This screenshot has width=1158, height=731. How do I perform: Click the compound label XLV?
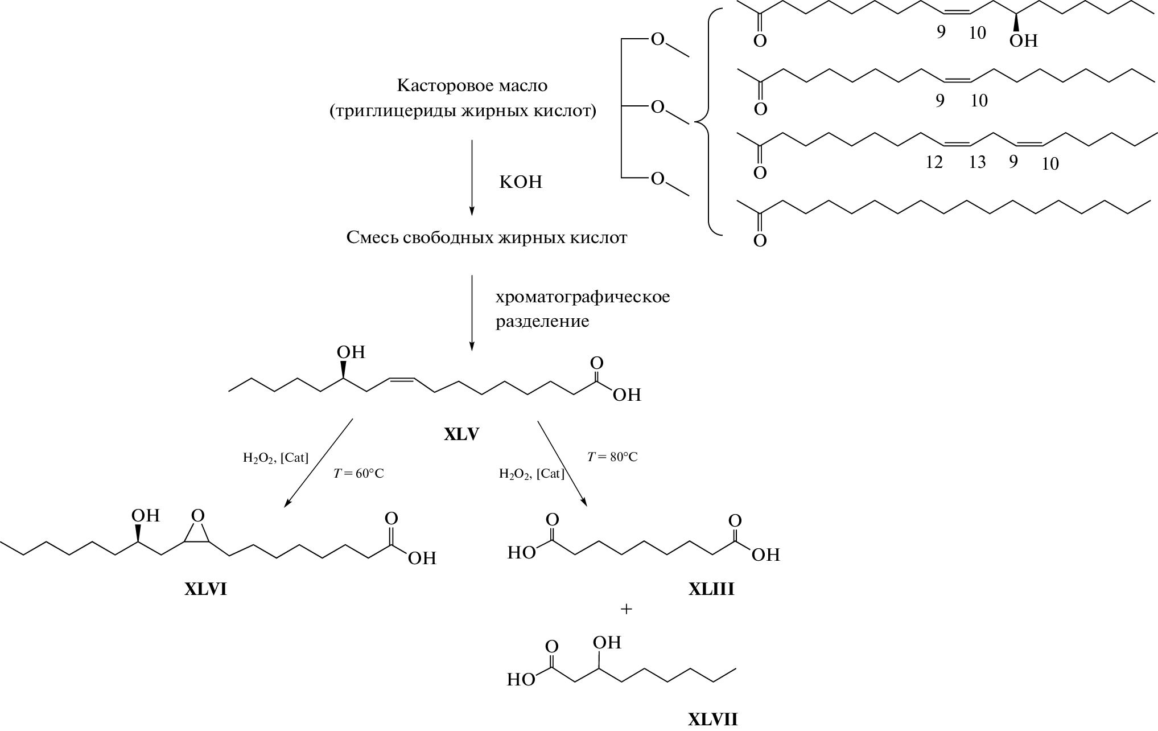pos(461,434)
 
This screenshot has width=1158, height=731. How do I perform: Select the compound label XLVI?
pos(205,589)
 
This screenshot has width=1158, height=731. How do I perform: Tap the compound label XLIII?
pos(711,589)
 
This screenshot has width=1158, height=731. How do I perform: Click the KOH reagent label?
pos(520,182)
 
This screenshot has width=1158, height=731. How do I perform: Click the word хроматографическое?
pos(582,298)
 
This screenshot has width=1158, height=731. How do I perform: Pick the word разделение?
pos(542,322)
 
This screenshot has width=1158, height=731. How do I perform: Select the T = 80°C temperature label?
pos(612,457)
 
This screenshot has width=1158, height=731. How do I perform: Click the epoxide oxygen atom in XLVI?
pos(197,516)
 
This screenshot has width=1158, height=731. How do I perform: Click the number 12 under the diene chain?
pos(933,163)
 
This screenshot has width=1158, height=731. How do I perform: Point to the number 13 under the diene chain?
pos(977,163)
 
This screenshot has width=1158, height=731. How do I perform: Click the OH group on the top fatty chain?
pos(1023,41)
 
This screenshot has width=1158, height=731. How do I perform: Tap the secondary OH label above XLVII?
pos(607,643)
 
